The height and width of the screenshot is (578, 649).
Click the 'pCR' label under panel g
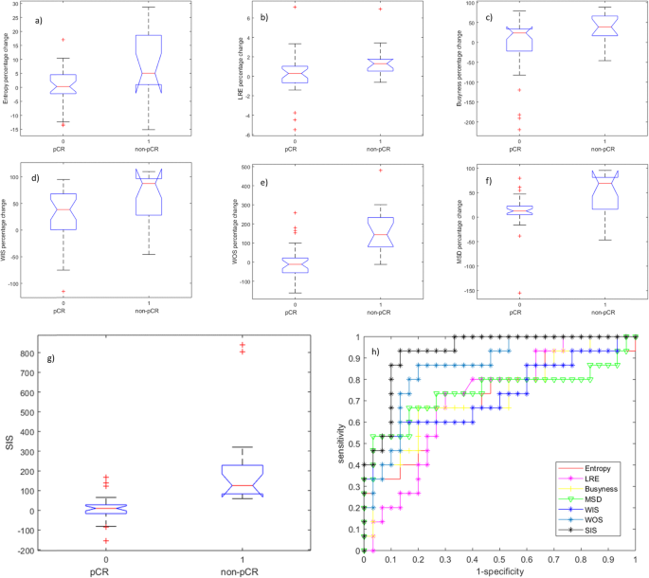[x=105, y=571]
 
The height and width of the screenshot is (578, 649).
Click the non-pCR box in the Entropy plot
[x=148, y=63]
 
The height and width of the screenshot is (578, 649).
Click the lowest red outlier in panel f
[x=518, y=294]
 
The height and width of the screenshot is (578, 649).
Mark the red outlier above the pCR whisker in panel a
[x=63, y=40]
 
